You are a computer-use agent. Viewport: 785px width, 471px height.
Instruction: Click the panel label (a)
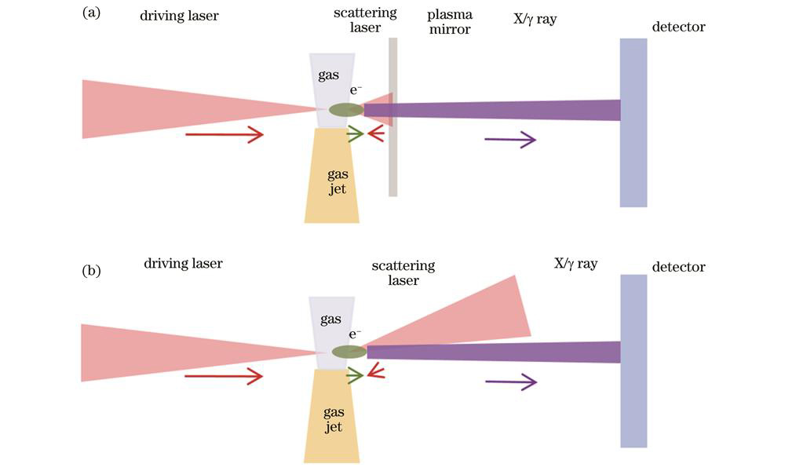click(x=90, y=13)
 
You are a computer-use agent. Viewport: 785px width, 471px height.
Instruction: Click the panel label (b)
click(x=90, y=272)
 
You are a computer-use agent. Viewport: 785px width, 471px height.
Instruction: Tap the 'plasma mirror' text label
click(x=449, y=22)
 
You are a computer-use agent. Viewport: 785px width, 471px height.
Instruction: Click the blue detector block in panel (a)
click(x=633, y=122)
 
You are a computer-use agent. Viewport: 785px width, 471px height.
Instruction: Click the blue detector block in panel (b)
click(x=633, y=360)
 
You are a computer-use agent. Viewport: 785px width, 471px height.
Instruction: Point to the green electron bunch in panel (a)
click(x=345, y=110)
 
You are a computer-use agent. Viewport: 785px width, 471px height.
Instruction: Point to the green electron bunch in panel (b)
click(x=349, y=352)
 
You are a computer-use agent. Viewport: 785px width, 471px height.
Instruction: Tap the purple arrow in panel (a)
click(x=510, y=140)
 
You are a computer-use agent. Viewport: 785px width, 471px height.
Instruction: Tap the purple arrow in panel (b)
click(x=511, y=382)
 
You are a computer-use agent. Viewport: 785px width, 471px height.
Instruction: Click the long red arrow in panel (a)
click(x=224, y=135)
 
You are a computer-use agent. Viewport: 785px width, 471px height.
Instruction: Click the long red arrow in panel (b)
click(x=224, y=377)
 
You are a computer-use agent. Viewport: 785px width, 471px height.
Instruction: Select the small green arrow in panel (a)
click(x=354, y=134)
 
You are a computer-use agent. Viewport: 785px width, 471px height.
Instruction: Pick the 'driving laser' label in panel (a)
click(x=179, y=15)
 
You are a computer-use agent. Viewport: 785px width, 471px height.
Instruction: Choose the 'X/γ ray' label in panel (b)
click(x=575, y=264)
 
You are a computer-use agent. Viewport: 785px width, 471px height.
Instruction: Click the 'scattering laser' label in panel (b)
click(x=403, y=273)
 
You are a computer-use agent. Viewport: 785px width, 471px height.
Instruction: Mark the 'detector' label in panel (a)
click(x=678, y=27)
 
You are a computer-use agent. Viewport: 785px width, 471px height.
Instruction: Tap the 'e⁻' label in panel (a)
click(x=355, y=90)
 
